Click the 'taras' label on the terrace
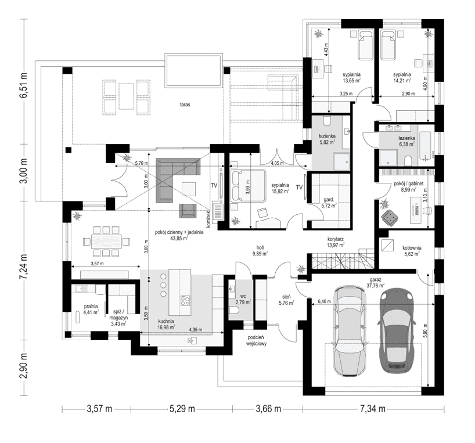(185, 105)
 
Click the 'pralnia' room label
(90, 306)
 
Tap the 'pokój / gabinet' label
(400, 184)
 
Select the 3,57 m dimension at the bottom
(99, 409)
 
